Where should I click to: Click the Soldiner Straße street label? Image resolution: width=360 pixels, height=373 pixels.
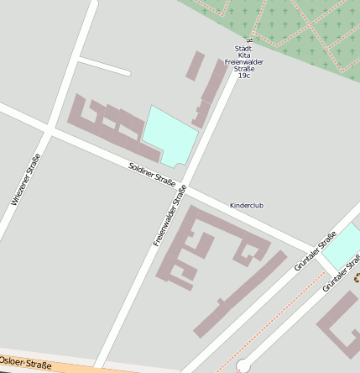pyautogui.click(x=152, y=175)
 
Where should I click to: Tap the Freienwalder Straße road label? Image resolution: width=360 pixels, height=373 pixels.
pyautogui.click(x=170, y=216)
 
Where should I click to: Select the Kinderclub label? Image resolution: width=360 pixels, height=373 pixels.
pyautogui.click(x=247, y=205)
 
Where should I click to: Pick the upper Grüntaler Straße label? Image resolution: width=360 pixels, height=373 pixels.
pyautogui.click(x=315, y=250)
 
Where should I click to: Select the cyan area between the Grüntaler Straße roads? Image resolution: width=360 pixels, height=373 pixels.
pyautogui.click(x=341, y=249)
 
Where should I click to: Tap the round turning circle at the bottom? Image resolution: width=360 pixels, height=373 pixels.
pyautogui.click(x=244, y=365)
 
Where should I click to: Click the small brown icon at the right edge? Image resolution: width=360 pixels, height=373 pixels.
pyautogui.click(x=356, y=276)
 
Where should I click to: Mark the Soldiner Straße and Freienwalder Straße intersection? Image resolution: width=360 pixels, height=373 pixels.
pyautogui.click(x=185, y=186)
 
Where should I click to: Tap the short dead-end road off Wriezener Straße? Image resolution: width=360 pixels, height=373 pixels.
pyautogui.click(x=103, y=66)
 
